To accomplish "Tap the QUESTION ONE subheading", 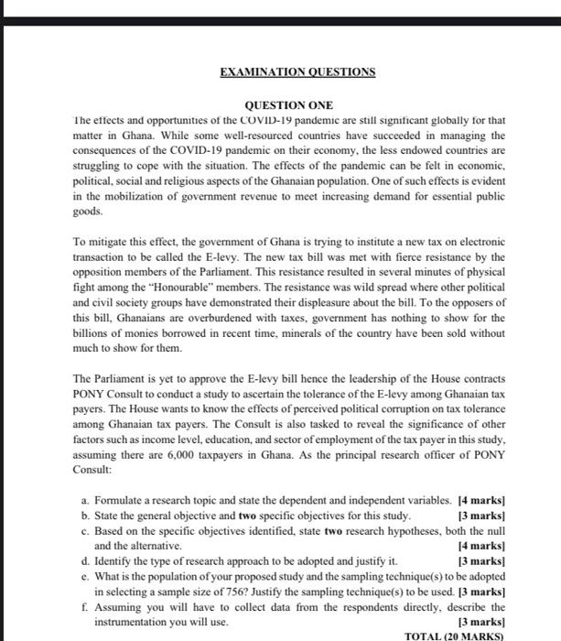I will (x=287, y=105).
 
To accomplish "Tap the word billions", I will (x=91, y=336).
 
